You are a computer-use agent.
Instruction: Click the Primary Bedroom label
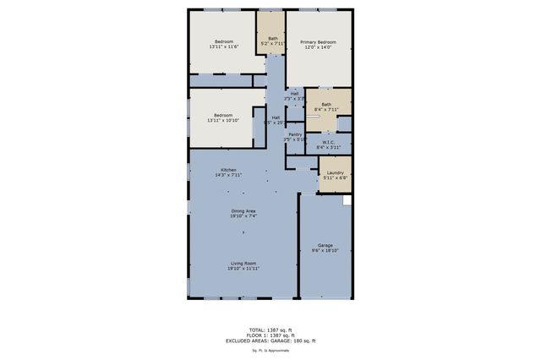(318, 42)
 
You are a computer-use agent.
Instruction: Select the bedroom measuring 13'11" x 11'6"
(223, 46)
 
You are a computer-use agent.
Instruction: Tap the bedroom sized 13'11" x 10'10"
(223, 118)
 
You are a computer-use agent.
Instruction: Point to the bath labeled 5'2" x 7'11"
(272, 39)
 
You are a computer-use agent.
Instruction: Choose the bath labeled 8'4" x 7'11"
(326, 106)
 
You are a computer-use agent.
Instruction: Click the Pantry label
(295, 135)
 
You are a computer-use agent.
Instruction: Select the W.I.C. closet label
(328, 144)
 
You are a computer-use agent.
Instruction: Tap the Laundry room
(335, 175)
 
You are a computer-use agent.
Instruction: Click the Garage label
(325, 246)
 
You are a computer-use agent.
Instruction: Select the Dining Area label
(243, 212)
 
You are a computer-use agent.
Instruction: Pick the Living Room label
(243, 265)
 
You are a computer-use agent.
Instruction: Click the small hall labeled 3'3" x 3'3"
(294, 95)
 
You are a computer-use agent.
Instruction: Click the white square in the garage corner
(347, 201)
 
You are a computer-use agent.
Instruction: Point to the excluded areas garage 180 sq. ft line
(270, 341)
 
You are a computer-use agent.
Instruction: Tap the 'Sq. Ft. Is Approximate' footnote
(270, 349)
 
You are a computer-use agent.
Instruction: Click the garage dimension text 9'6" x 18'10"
(325, 251)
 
